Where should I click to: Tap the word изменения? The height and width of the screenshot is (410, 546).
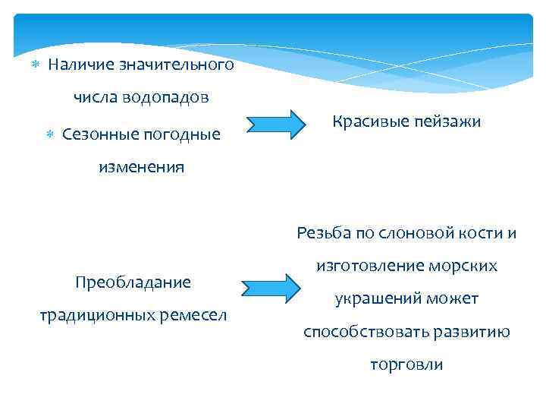pos(140,167)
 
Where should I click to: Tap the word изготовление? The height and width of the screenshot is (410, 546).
pos(362,266)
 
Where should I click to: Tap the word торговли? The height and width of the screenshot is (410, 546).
pos(406,364)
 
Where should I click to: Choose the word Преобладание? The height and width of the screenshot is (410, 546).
pos(133,282)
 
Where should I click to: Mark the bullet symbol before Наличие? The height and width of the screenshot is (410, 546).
pos(33,65)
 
